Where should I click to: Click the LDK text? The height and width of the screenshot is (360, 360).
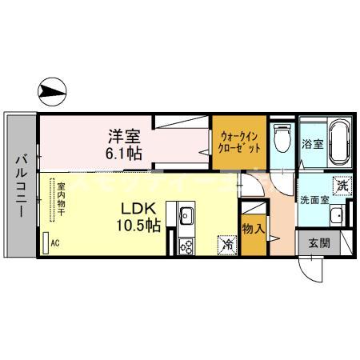coord(139,210)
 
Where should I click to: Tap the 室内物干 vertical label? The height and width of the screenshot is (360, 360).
coord(61,203)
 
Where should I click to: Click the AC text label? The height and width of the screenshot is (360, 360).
coord(55,242)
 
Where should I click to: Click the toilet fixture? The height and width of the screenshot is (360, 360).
coord(279,140)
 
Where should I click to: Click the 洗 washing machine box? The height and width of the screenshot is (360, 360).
coord(342,186)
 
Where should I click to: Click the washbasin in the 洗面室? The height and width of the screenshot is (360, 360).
coord(337,215)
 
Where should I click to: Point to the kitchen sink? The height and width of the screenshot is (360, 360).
coord(186,217)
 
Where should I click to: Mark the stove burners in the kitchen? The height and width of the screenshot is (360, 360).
coord(186,246)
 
